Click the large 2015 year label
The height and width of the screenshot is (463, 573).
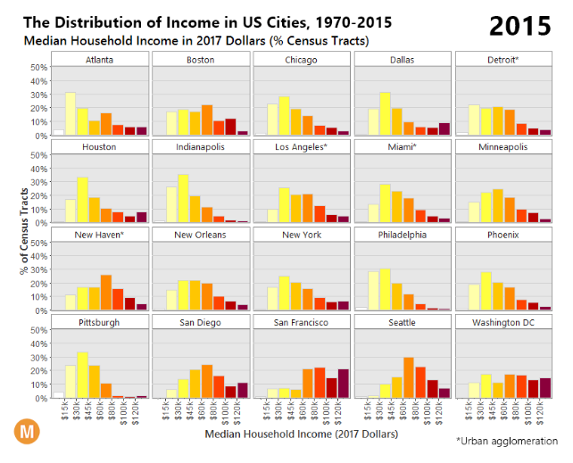[x=520, y=26]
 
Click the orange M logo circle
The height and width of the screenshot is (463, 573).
[x=28, y=432]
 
